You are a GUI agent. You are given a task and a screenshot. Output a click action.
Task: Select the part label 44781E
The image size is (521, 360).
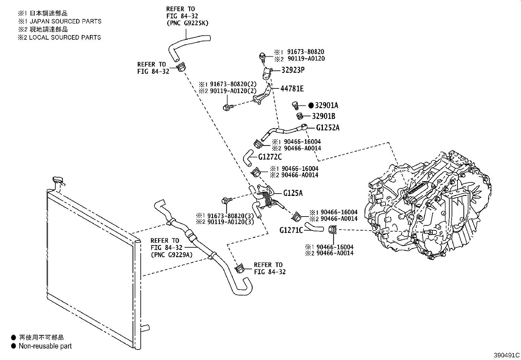tap(292, 88)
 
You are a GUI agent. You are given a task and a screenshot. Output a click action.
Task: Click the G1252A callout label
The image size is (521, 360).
tap(328, 128)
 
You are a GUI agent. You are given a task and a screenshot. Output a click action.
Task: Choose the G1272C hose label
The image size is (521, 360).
tap(270, 157)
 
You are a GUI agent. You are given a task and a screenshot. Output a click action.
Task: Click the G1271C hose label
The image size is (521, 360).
tap(291, 230)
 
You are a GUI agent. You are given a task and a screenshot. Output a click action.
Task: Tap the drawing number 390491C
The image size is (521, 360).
tap(507, 355)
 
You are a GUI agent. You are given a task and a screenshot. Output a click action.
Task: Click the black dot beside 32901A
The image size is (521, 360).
tap(311, 105)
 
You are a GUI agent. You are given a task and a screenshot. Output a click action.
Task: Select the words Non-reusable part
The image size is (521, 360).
tap(45, 346)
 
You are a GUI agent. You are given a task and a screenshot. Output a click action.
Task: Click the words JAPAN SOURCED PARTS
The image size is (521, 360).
tap(65, 21)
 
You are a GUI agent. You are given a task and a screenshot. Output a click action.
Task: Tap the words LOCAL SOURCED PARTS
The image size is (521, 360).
tap(65, 37)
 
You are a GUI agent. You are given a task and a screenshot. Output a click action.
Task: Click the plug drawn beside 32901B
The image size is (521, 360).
tap(299, 116)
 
